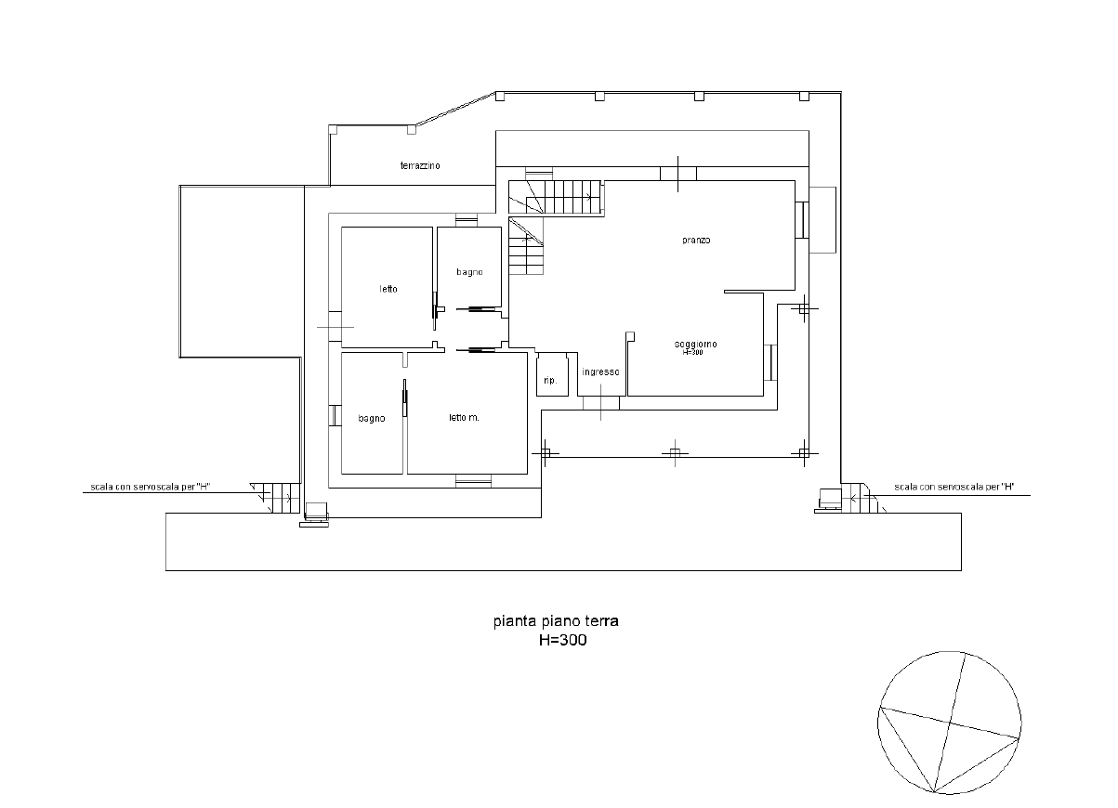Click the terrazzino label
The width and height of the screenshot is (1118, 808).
tap(420, 165)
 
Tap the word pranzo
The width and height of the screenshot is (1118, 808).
tap(696, 240)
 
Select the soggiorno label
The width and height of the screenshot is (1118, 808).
tap(696, 344)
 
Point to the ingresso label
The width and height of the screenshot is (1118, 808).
tap(600, 371)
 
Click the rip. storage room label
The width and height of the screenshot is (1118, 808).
tap(550, 381)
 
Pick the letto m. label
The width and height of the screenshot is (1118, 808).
tap(464, 418)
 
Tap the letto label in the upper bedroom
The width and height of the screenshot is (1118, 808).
tap(388, 289)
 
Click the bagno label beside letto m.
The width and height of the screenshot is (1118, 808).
tap(372, 419)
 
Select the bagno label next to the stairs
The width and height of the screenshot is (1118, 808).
tap(469, 272)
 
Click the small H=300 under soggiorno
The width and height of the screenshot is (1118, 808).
tap(692, 352)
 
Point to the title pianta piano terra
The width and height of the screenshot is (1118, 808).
tap(556, 621)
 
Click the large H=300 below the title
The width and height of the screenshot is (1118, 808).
tap(562, 640)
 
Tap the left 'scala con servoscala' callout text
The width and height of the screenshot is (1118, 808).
tap(151, 487)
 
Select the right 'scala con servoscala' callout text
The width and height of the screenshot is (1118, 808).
tap(954, 487)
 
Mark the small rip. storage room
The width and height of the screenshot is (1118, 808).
tap(553, 374)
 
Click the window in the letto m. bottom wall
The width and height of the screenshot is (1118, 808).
tap(473, 480)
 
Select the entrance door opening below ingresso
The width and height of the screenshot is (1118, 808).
tap(601, 403)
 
